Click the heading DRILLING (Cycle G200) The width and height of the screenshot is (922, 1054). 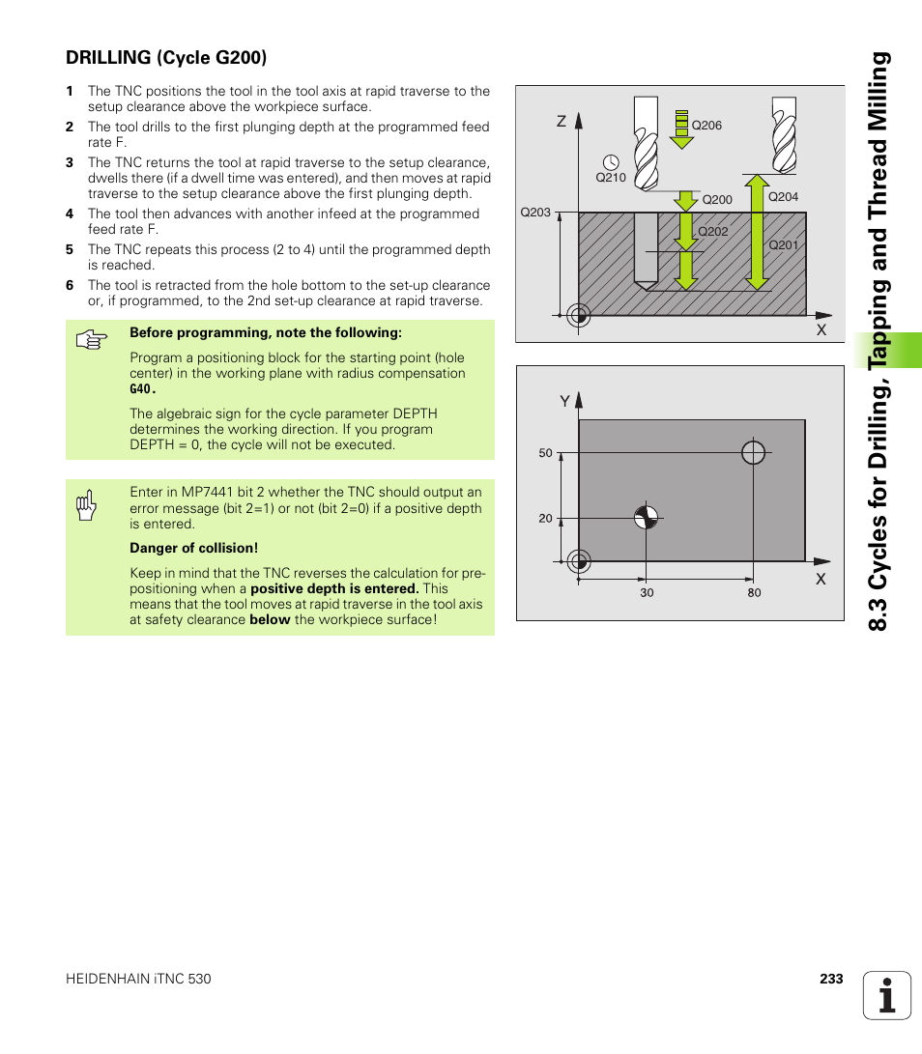(165, 58)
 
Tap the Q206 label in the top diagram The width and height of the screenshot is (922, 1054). (706, 126)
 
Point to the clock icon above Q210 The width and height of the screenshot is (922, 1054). (610, 161)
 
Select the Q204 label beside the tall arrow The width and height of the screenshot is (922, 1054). (783, 196)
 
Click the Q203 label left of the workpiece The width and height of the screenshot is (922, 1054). (534, 213)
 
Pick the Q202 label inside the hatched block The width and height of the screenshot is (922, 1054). (712, 232)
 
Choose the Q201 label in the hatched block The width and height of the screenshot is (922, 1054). (783, 245)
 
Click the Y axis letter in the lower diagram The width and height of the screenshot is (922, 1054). (565, 400)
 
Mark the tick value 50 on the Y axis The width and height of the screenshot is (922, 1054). (545, 453)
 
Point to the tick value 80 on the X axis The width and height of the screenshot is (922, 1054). (754, 592)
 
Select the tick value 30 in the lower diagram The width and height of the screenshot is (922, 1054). (647, 592)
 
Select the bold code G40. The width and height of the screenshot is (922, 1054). (142, 389)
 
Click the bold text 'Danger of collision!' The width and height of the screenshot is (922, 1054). (193, 549)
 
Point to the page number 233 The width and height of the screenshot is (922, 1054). (831, 979)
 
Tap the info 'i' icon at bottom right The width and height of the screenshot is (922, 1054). (886, 995)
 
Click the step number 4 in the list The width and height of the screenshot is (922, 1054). (70, 214)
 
